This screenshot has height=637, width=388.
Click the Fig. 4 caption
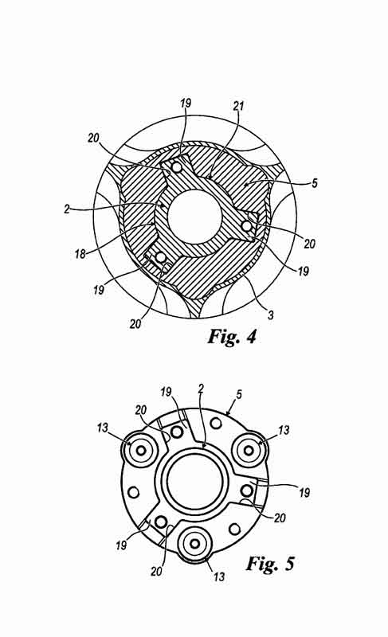pos(232,336)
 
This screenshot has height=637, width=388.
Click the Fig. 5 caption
pos(270,564)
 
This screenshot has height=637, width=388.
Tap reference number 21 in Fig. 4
pos(238,106)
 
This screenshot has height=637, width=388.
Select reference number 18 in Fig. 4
pos(80,254)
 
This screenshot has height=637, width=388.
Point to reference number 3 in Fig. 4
pos(270,315)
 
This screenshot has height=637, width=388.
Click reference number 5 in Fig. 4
pos(315,183)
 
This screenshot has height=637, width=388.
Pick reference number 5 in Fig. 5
pos(239,394)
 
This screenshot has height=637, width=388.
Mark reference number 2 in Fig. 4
pos(67,209)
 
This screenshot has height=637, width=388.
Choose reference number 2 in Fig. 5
pos(201,389)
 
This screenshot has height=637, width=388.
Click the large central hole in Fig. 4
pos(194,217)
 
